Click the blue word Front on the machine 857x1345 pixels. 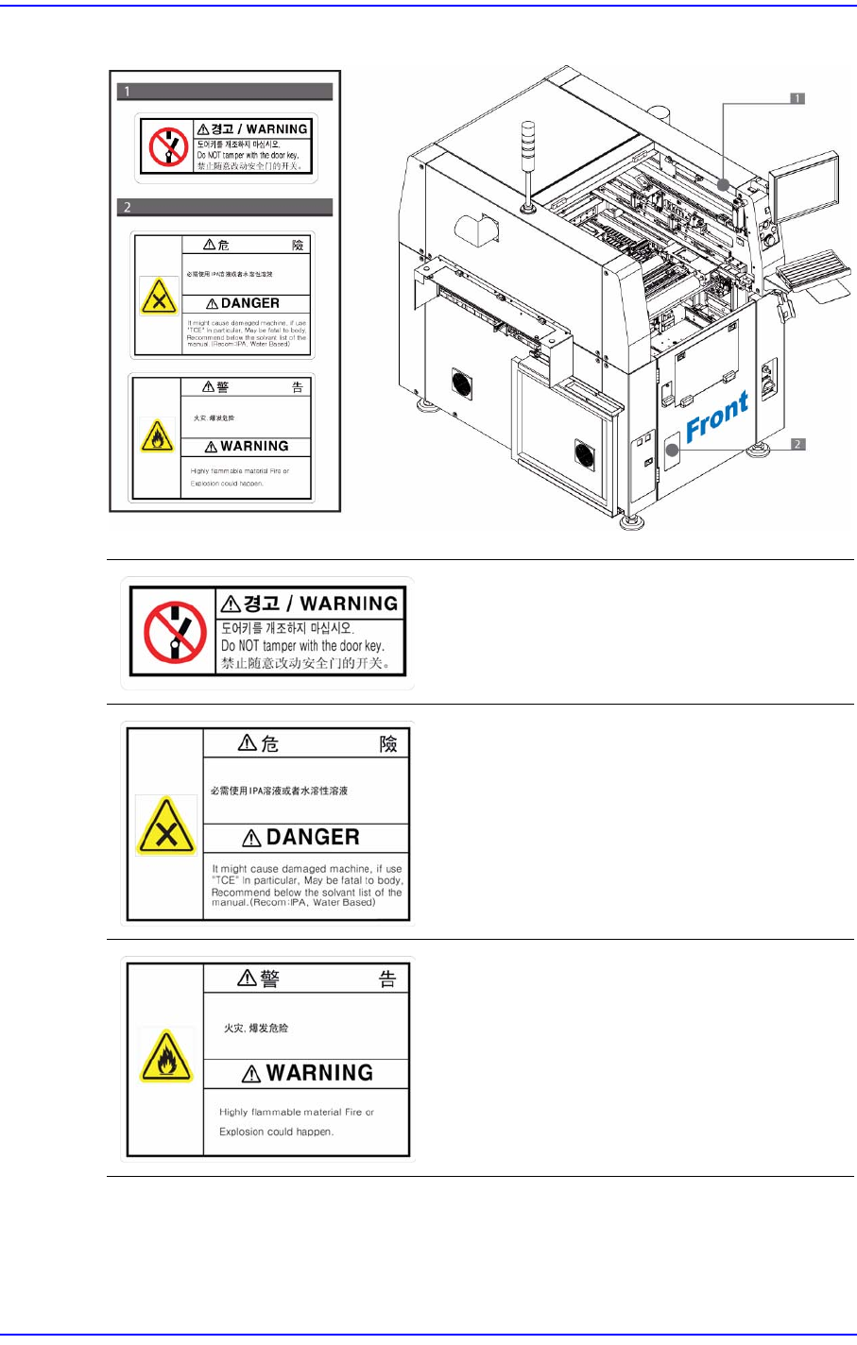click(717, 417)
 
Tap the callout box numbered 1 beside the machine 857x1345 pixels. click(797, 98)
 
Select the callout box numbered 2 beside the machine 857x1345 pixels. click(798, 444)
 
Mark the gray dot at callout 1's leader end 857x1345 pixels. click(723, 184)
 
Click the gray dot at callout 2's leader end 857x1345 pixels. click(673, 450)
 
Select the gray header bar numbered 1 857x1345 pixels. click(225, 92)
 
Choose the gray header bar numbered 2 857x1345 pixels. click(225, 207)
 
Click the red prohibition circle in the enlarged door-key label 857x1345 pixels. click(176, 633)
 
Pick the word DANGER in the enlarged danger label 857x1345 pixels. click(313, 838)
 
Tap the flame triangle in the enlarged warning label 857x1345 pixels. click(166, 1056)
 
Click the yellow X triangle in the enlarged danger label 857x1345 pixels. click(166, 826)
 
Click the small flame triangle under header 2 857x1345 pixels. click(157, 436)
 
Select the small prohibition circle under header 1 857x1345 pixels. click(169, 145)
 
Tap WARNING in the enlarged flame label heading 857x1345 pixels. click(319, 1073)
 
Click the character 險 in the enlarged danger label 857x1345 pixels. click(388, 744)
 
